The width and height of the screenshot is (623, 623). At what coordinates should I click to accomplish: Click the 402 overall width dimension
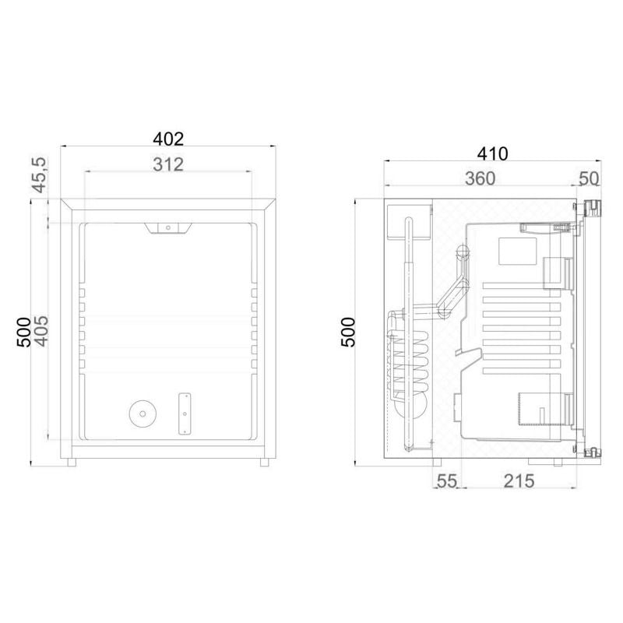tap(168, 139)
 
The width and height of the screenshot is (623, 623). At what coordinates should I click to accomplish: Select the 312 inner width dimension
tap(168, 164)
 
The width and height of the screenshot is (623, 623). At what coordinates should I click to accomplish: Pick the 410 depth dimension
tap(492, 153)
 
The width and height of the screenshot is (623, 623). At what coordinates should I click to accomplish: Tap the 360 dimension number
tap(480, 178)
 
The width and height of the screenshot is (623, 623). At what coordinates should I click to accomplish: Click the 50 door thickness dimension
tap(589, 178)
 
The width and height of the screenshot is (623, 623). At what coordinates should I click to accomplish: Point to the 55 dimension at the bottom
tap(446, 480)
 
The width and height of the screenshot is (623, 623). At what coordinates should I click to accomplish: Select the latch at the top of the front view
tap(167, 227)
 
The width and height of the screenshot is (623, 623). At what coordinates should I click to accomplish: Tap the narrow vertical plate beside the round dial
tap(186, 413)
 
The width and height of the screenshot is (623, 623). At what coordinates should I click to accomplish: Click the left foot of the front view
tap(72, 461)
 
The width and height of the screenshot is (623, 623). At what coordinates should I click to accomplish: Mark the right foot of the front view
tap(265, 461)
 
